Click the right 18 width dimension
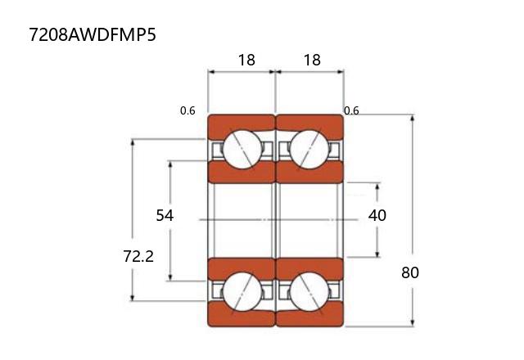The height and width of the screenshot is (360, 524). (x=310, y=60)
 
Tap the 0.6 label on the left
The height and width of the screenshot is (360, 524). (x=187, y=111)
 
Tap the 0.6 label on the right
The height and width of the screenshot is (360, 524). (x=352, y=110)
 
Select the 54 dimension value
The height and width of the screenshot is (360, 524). (x=165, y=215)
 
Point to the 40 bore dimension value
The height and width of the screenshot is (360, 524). (x=377, y=215)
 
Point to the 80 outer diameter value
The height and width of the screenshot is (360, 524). (x=410, y=272)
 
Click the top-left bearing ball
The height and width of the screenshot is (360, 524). (x=242, y=149)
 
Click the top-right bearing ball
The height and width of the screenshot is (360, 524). (x=309, y=149)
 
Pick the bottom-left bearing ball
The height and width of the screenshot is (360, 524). (x=242, y=291)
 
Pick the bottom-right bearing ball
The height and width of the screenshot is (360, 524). (x=309, y=291)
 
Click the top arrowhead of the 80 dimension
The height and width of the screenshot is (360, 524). (x=412, y=119)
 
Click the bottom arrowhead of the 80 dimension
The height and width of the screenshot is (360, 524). (x=412, y=323)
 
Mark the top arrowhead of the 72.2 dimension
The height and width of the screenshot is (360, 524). (x=132, y=143)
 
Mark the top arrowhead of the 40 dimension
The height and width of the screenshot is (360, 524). (x=377, y=186)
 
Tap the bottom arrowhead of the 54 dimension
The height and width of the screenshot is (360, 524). (x=170, y=279)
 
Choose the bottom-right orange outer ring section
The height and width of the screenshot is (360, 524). (x=310, y=317)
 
